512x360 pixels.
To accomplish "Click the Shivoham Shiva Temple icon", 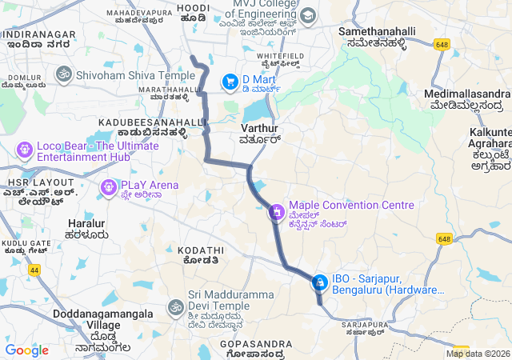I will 63,74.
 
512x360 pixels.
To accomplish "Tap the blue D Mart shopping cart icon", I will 230,81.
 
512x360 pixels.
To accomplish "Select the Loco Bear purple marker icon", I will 24,150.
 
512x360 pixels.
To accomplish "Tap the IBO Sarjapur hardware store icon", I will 319,282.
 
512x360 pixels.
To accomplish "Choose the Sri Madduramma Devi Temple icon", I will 175,307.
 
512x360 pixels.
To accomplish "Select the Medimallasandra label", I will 465,94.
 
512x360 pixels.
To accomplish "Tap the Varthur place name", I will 259,128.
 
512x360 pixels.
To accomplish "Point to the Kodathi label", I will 196,250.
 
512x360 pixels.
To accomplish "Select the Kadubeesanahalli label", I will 142,122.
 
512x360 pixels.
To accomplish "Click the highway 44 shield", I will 34,270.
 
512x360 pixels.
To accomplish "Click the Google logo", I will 26,350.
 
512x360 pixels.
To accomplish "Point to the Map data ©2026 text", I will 478,354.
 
